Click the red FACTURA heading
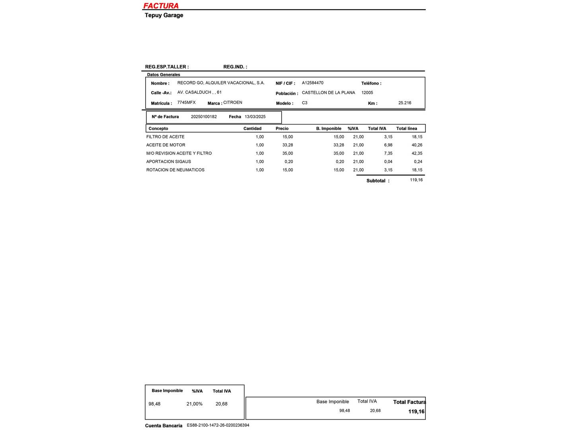coord(161,6)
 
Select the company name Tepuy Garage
coord(164,15)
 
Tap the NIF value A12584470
coord(312,83)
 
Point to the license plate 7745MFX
coord(186,102)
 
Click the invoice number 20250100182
coord(204,117)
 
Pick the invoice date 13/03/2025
coord(255,117)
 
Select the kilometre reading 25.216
coord(405,103)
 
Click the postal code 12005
coord(367,92)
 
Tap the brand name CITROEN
coord(233,102)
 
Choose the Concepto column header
coord(158,129)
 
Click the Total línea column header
coord(407,129)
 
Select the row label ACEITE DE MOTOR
coord(166,145)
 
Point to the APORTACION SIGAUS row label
coord(168,162)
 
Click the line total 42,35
coord(417,153)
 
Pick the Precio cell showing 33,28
coord(288,145)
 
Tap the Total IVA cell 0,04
coord(388,162)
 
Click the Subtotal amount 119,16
coord(416,180)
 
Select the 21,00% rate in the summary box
coord(195,404)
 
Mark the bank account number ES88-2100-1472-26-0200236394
coord(218,425)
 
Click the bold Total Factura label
coord(409,402)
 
